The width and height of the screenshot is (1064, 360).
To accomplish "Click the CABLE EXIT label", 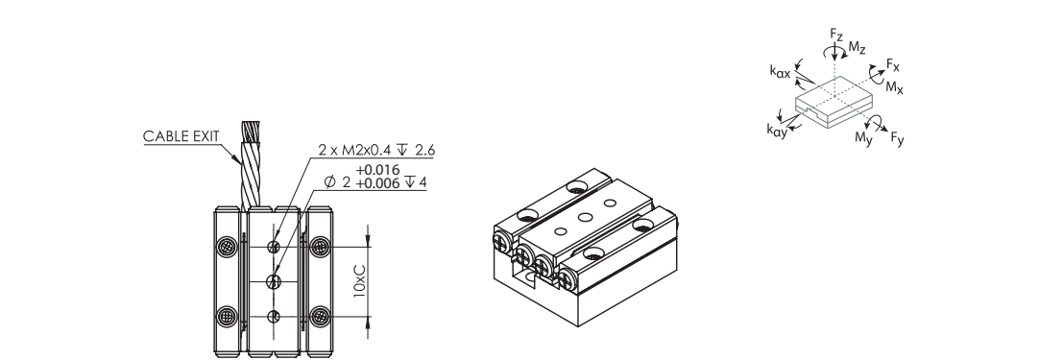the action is point(181,136).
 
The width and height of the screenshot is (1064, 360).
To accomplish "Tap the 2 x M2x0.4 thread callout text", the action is point(375,150).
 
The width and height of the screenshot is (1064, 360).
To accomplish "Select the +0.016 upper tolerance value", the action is point(378,170).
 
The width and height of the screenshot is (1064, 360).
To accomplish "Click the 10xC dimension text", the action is point(360,281).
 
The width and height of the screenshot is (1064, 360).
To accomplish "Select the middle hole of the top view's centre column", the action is point(274,281).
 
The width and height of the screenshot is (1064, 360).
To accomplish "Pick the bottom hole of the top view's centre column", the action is point(274,316).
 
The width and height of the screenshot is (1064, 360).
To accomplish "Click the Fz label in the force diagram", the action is point(836,34).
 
